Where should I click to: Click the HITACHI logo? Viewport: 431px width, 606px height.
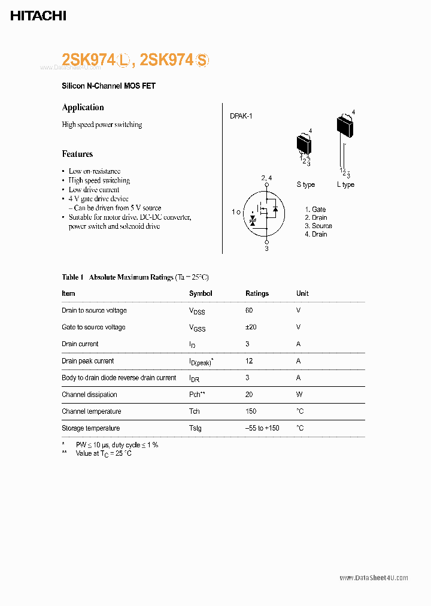point(38,16)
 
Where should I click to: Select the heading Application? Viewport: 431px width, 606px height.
point(83,107)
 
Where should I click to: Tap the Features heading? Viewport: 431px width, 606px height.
point(77,154)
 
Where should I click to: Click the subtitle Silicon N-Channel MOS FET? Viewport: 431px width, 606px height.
point(108,86)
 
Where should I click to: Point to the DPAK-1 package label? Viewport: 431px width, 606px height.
point(241,116)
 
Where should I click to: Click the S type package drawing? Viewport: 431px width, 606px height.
point(305,144)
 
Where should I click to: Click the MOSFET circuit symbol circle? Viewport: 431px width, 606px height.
point(266,212)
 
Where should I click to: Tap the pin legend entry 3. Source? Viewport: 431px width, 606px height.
point(318,226)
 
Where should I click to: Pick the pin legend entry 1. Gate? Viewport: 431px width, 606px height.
point(315,209)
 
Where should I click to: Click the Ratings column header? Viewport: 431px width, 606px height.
point(257,293)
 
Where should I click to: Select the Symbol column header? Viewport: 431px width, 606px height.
point(201,293)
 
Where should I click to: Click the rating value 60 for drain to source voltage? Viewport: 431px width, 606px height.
point(249,310)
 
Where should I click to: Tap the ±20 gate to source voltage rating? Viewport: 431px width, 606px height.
point(250,327)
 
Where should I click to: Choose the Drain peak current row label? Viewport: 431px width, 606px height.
point(87,361)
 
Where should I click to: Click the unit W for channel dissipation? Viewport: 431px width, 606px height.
point(299,395)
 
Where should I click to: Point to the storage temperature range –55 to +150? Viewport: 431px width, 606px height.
point(262,428)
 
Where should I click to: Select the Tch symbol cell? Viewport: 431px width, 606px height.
point(195,411)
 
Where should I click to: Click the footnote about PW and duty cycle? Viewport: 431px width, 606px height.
point(117,445)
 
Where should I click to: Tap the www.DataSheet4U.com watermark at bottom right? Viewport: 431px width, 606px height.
point(374,578)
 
